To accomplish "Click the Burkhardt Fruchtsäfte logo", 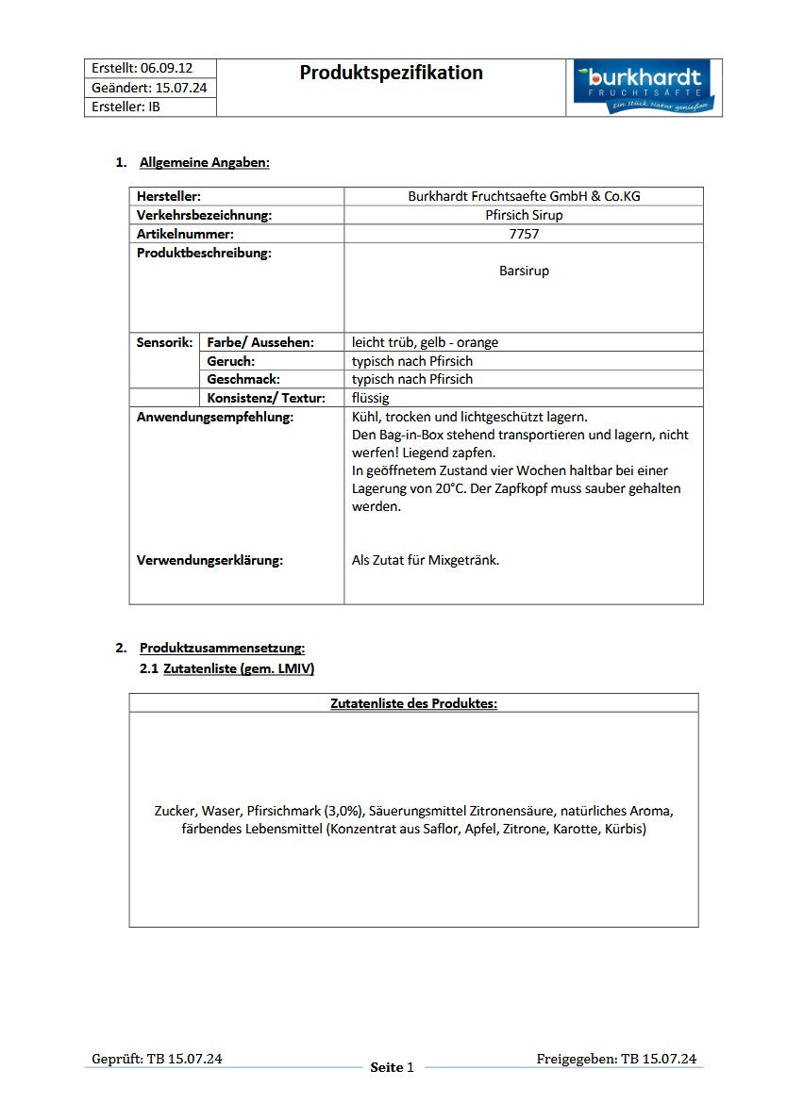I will pyautogui.click(x=644, y=88).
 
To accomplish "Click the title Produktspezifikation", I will pyautogui.click(x=391, y=73).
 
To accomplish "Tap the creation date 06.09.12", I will pyautogui.click(x=166, y=68).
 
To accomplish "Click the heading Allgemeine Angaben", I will pyautogui.click(x=205, y=162).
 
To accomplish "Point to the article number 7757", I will pyautogui.click(x=524, y=233).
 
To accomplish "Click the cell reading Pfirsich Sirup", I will pyautogui.click(x=524, y=215).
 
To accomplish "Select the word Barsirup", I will pyautogui.click(x=524, y=271).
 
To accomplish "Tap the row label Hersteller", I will pyautogui.click(x=169, y=196).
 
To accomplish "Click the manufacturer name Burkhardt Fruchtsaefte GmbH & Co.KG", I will pyautogui.click(x=524, y=196).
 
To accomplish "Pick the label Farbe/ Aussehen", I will pyautogui.click(x=260, y=342).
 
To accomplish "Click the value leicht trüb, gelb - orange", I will pyautogui.click(x=425, y=342).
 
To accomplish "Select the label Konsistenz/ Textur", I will pyautogui.click(x=266, y=398).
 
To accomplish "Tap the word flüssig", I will pyautogui.click(x=371, y=398).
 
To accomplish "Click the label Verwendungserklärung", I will pyautogui.click(x=209, y=560).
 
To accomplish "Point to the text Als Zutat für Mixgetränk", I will pyautogui.click(x=426, y=560).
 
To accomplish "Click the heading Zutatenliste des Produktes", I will pyautogui.click(x=413, y=703).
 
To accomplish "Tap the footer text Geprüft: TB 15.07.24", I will pyautogui.click(x=157, y=1059).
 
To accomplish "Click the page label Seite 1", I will pyautogui.click(x=393, y=1067).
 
